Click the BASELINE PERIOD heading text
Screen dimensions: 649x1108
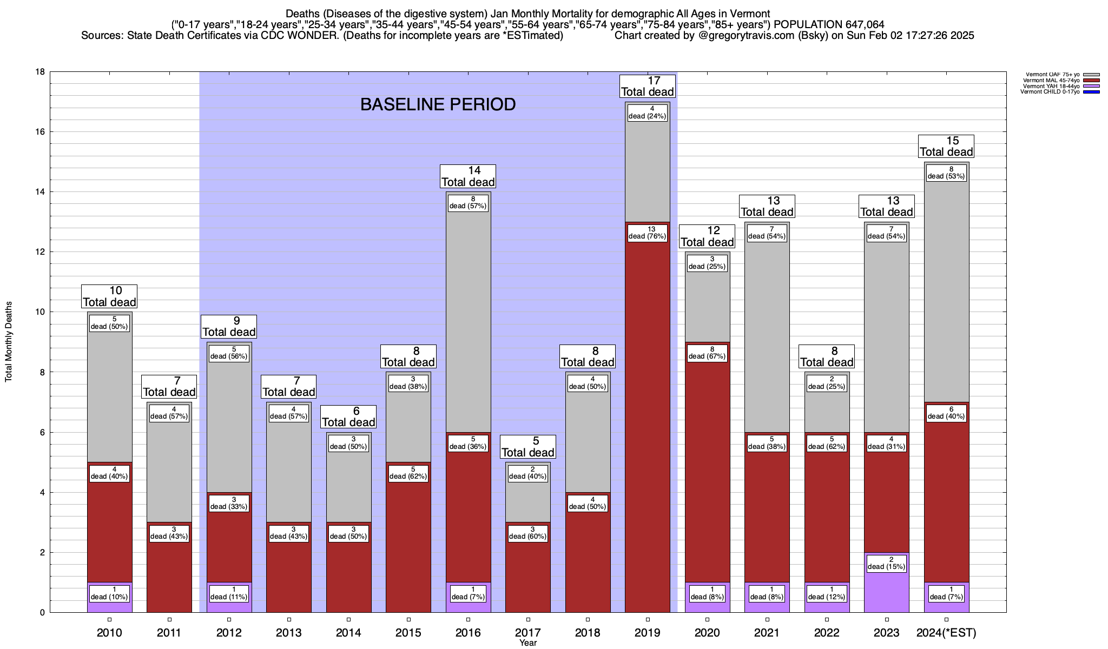(x=438, y=104)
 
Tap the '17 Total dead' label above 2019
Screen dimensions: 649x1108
(x=647, y=87)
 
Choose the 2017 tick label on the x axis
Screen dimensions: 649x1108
(x=527, y=633)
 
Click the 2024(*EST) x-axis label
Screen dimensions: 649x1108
(x=946, y=633)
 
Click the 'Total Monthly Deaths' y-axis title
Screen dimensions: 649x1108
(x=9, y=342)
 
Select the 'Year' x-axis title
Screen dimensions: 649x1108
(x=527, y=643)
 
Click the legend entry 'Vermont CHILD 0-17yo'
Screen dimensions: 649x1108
(x=1050, y=92)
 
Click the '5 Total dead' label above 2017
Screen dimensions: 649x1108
(x=527, y=447)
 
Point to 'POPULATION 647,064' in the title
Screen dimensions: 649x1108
(x=829, y=24)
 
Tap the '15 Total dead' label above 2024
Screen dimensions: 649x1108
(x=946, y=147)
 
